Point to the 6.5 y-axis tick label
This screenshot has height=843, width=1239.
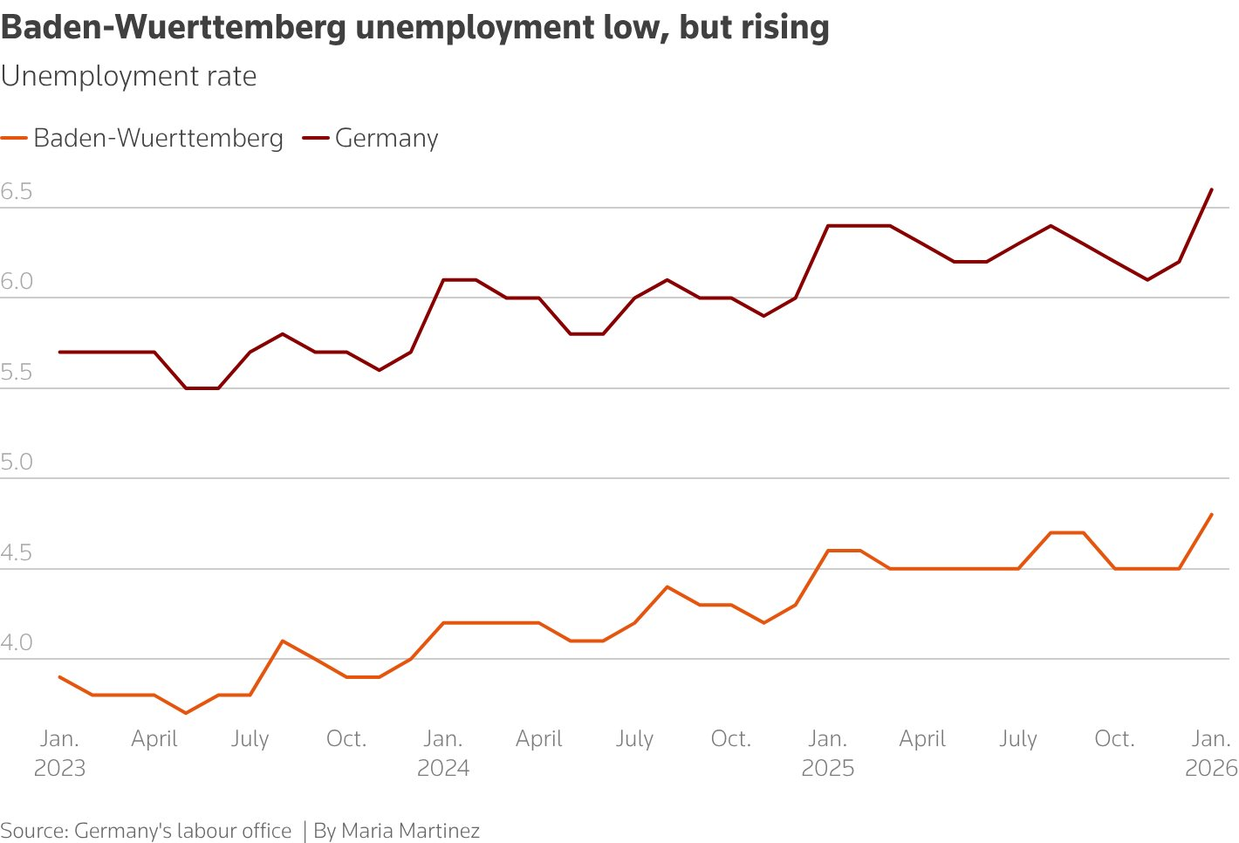tap(17, 192)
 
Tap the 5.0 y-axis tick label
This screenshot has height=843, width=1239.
tap(17, 462)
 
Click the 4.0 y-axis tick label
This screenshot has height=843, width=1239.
tap(17, 643)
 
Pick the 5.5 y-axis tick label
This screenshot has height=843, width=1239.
tap(17, 373)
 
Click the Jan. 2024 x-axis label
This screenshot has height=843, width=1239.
tap(443, 753)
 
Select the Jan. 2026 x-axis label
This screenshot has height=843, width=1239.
tap(1211, 753)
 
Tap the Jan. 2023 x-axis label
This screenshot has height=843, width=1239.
tap(59, 753)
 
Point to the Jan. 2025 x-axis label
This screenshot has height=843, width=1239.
tap(827, 753)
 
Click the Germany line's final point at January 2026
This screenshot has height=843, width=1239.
tap(1212, 189)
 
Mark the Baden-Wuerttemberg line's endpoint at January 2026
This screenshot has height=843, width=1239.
tap(1212, 514)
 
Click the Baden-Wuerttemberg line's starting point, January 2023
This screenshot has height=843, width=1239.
tap(59, 676)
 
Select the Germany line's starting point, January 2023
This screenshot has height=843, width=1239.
tap(59, 352)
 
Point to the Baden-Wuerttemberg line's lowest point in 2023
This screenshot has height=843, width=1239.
tap(186, 713)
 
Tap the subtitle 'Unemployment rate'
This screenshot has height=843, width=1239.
tap(128, 77)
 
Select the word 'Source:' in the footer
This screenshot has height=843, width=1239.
tap(34, 831)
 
